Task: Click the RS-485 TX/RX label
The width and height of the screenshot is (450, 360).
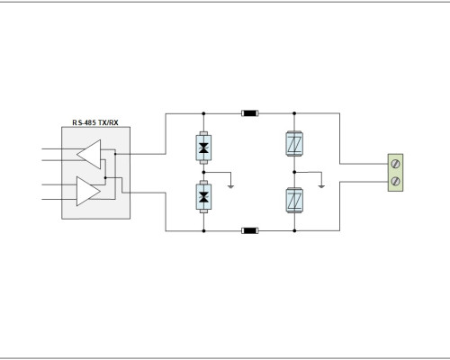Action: [x=95, y=122]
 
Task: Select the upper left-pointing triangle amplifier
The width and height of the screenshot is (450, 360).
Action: [x=89, y=154]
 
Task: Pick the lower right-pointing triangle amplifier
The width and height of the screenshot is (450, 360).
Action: [x=88, y=191]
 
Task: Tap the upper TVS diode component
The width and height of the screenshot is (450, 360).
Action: [x=203, y=148]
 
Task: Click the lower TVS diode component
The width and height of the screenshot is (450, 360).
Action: [x=203, y=197]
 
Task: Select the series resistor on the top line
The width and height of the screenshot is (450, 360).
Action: [x=250, y=113]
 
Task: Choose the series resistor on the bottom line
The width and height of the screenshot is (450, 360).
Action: [x=250, y=230]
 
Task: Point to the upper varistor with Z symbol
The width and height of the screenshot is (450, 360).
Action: [x=294, y=143]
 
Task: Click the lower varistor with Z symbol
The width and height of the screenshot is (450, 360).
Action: [x=294, y=201]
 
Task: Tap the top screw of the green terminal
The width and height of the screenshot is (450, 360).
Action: [x=396, y=164]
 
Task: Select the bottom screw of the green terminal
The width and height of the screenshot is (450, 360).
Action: [x=396, y=181]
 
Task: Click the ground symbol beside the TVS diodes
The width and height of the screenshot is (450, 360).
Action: [x=230, y=186]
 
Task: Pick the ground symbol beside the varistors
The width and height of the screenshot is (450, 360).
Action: [x=321, y=186]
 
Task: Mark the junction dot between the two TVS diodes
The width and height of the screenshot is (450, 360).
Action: [x=203, y=172]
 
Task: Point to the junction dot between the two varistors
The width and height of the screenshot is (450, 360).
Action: [x=294, y=172]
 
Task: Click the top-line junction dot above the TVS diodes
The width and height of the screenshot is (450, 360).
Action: [x=203, y=113]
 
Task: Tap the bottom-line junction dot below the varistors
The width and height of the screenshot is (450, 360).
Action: [x=294, y=230]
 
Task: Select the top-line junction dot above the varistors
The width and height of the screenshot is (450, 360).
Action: [x=294, y=113]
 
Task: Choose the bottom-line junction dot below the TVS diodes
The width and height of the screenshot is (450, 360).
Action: [x=203, y=230]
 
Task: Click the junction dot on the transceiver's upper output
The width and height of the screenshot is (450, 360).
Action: [x=115, y=154]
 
